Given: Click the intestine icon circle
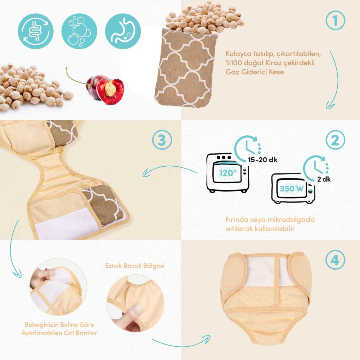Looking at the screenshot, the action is (x=36, y=31).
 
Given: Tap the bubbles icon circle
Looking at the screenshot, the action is (x=79, y=31).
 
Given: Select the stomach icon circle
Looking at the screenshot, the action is (x=123, y=31).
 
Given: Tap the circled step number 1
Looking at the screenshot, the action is (x=335, y=20).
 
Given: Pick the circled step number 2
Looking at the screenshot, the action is (x=335, y=140).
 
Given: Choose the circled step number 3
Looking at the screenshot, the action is (x=162, y=140).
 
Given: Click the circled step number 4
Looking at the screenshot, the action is (x=335, y=260).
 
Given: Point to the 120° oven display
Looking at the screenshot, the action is (x=227, y=173).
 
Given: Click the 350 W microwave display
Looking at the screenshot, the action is (x=292, y=189).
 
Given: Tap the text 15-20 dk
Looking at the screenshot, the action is (x=263, y=160).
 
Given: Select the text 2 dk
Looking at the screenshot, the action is (x=324, y=179).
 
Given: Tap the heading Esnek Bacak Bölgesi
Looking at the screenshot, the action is (x=135, y=266).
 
